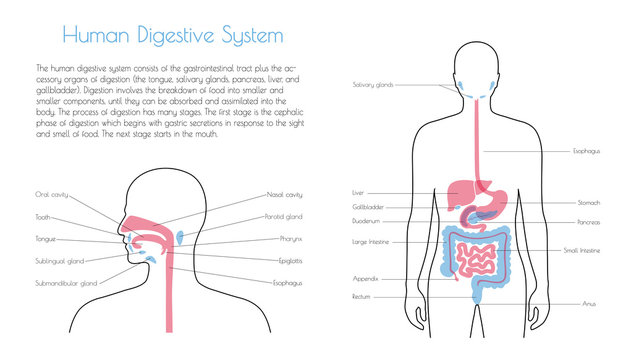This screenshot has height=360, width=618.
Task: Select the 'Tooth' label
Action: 43,215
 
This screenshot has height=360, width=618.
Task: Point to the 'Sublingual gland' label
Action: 57,261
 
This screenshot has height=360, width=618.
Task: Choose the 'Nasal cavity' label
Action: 284,194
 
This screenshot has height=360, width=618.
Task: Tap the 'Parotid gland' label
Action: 284,215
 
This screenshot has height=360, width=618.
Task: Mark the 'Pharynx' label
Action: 289,239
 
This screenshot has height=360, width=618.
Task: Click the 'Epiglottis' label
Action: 291,260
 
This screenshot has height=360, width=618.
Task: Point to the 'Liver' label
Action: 358,192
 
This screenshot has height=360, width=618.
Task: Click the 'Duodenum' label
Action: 364,221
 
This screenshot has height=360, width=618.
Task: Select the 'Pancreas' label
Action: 589,222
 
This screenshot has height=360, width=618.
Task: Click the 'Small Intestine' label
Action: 583,250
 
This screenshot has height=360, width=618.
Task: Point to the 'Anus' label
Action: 589,303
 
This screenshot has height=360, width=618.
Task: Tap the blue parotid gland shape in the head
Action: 180,237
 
